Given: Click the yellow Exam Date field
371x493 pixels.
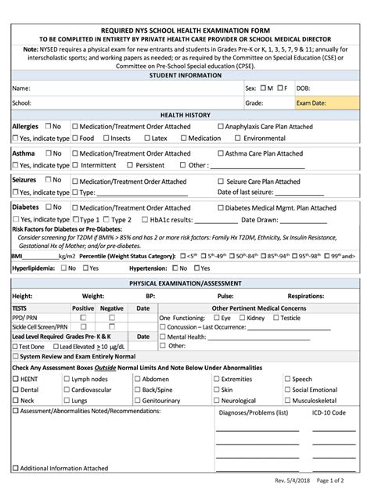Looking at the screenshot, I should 326,103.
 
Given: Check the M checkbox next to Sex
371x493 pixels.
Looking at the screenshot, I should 264,88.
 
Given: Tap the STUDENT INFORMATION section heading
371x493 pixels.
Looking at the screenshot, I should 185,76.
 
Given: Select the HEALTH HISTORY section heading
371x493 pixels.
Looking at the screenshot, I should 185,114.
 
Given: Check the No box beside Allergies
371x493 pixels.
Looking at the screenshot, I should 48,126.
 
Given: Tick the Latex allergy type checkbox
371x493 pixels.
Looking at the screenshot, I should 146,139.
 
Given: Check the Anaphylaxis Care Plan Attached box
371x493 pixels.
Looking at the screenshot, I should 221,126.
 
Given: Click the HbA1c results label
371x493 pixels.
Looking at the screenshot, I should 167,220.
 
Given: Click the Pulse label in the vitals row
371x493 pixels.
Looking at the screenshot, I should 225,297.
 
